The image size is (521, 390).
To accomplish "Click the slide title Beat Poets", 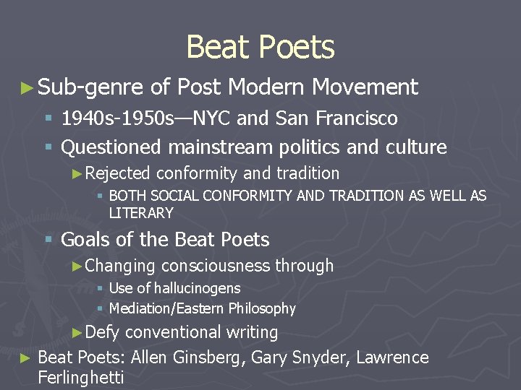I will pos(260,48).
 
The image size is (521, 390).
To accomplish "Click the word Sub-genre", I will pos(90,87).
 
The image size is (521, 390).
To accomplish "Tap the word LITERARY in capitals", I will pos(141,213).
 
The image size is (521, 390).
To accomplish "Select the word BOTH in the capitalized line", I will pos(125,196).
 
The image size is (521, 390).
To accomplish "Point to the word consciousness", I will pos(216,266).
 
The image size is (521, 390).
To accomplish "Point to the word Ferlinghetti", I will pos(80,377).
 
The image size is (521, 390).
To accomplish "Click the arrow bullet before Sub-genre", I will pos(27,88).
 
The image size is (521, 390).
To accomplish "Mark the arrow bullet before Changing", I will pos(77,266).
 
